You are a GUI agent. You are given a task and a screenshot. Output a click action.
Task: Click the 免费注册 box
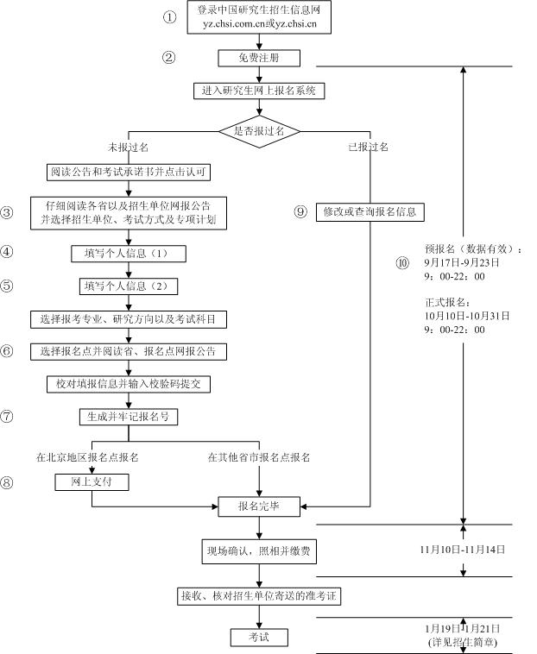point(259,58)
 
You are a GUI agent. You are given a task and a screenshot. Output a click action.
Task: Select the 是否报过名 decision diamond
point(259,130)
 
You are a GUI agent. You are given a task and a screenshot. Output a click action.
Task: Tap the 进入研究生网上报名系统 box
point(259,90)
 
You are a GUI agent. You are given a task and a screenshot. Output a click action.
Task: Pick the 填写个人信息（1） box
point(129,254)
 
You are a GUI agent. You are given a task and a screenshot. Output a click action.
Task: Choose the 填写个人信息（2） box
point(129,286)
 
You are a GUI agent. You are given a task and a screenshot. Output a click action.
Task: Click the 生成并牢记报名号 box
point(129,416)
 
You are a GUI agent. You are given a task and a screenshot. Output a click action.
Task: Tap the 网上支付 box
point(91,482)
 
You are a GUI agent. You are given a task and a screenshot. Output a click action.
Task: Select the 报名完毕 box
point(259,506)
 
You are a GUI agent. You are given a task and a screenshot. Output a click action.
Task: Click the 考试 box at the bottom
point(259,638)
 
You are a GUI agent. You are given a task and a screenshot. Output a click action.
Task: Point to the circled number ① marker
point(169,17)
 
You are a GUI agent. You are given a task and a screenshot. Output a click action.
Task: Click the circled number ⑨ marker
point(300,211)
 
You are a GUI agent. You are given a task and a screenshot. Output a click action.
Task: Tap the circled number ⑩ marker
point(401,263)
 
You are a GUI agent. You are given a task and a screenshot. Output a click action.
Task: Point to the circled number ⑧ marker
point(8,482)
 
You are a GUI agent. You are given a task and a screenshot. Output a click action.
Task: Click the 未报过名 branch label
point(129,148)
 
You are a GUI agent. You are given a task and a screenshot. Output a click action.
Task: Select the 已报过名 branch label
point(369,148)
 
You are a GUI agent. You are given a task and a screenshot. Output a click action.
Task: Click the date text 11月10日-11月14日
point(462,549)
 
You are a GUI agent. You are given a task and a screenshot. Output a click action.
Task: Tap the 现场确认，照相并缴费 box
point(259,549)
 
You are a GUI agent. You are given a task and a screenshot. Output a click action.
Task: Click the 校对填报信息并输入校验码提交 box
point(129,383)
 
